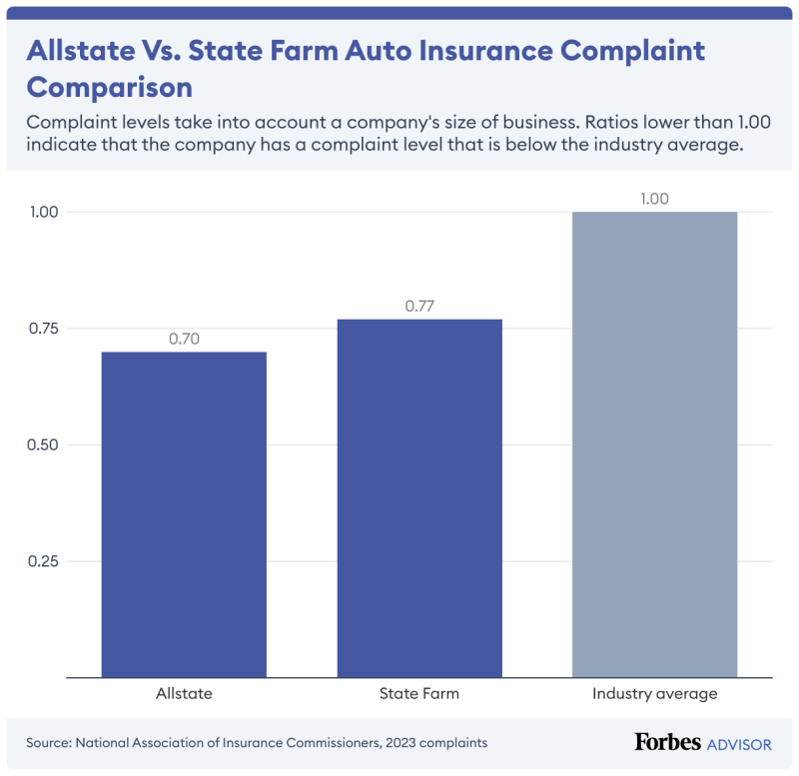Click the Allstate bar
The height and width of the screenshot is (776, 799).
point(184,514)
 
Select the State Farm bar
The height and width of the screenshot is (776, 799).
point(419,498)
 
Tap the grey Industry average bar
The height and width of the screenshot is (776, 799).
point(655,444)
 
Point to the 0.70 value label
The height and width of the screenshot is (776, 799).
point(184,339)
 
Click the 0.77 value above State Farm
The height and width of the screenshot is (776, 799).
point(419,307)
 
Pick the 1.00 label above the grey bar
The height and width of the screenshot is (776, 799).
point(655,199)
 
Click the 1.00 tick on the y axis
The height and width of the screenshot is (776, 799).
point(44,212)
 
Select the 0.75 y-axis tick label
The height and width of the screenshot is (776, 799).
point(43,329)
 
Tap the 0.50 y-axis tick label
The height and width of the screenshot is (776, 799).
point(43,444)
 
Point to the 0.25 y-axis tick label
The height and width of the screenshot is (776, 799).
point(43,561)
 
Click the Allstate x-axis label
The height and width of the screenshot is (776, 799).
point(184,693)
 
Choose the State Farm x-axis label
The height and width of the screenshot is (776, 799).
point(419,693)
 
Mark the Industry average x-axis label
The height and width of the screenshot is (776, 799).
point(655,694)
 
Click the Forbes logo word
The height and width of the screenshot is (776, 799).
point(667,742)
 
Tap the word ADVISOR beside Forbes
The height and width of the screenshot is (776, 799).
point(739,745)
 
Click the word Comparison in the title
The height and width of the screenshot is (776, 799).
point(110,88)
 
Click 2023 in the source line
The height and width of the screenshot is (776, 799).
point(400,743)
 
